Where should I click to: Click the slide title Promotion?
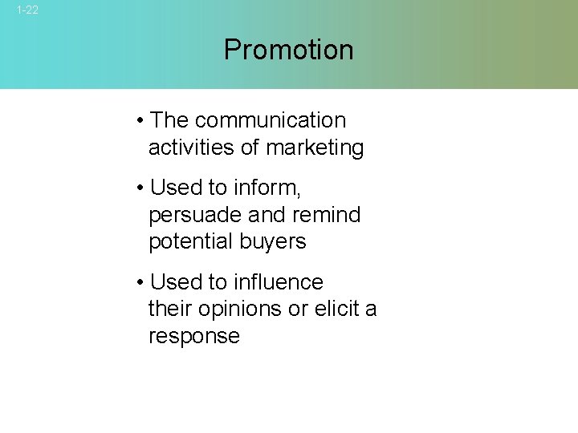pos(288,50)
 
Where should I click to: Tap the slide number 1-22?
pos(27,10)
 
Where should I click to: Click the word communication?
pos(271,120)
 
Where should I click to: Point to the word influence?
pos(278,282)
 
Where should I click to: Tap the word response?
pos(194,336)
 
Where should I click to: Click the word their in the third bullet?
pos(169,309)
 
